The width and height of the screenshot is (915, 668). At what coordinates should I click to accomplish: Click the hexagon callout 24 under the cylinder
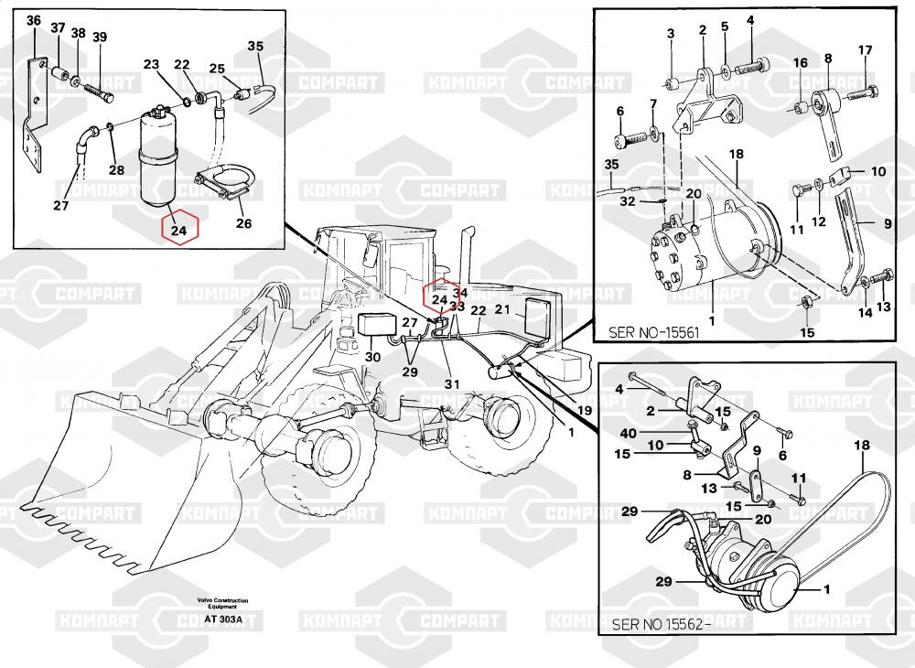[179, 230]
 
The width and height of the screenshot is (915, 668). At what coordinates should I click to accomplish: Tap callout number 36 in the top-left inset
[33, 20]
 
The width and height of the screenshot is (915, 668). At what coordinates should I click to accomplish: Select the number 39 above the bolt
[99, 37]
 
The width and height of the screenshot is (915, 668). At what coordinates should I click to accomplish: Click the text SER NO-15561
[653, 332]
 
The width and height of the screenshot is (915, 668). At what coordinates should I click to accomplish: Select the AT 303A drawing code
[223, 620]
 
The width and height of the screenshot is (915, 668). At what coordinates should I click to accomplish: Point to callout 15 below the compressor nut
[807, 331]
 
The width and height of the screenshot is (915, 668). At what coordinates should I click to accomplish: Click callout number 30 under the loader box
[372, 357]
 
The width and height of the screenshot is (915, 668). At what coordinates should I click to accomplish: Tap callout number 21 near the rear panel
[501, 309]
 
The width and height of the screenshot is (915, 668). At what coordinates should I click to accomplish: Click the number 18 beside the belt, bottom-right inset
[861, 446]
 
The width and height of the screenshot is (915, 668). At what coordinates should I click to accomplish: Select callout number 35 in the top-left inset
[255, 46]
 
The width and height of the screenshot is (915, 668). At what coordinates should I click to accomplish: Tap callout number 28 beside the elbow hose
[116, 170]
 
